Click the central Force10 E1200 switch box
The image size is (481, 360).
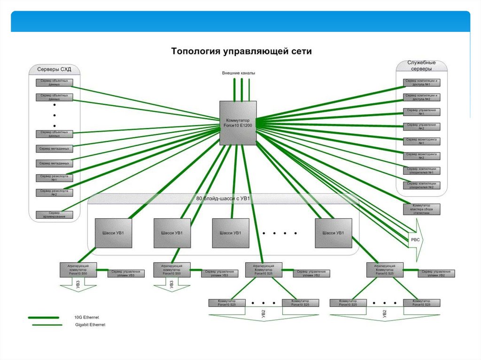tap(238, 123)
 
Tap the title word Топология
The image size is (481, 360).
tap(195, 51)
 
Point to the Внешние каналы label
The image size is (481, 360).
tap(239, 73)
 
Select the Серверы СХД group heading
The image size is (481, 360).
tap(54, 69)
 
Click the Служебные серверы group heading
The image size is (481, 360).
tap(421, 65)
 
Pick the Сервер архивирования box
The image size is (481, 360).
tap(54, 214)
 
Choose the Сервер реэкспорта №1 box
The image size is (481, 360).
tap(54, 177)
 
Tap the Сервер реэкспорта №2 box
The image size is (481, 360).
tap(54, 192)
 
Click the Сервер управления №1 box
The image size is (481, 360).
tap(421, 112)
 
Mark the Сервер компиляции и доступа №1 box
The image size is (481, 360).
tap(421, 83)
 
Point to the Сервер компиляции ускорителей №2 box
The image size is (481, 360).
tap(421, 185)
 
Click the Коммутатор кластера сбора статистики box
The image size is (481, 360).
tap(421, 209)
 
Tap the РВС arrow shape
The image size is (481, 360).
tap(416, 239)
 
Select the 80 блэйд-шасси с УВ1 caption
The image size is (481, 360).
tap(223, 198)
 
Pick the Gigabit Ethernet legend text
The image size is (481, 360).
tap(90, 325)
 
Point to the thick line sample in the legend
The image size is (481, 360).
tap(43, 318)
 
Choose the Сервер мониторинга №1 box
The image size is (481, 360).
tap(421, 141)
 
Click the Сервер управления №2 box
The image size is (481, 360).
tap(421, 126)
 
